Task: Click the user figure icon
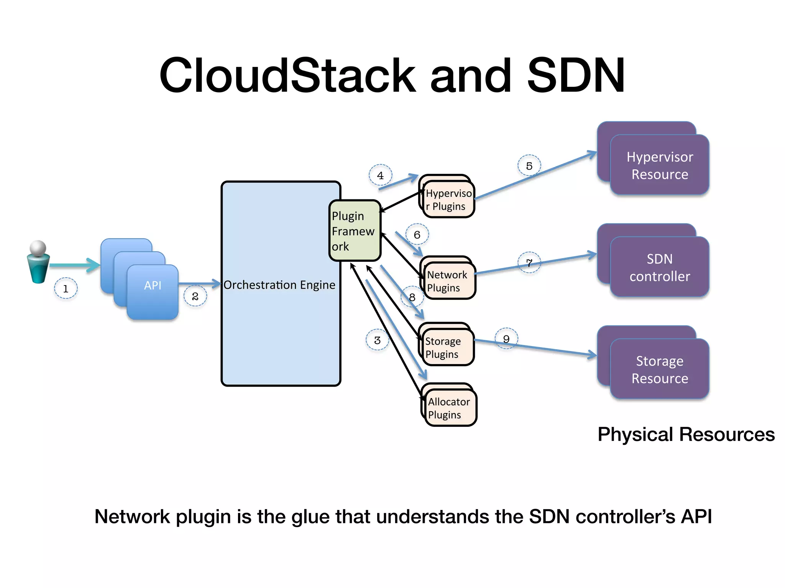[38, 262]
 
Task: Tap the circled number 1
[66, 288]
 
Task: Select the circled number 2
[195, 296]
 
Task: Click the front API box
[153, 292]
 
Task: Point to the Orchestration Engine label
[279, 285]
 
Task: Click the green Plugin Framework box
[354, 231]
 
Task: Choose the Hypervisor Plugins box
[449, 199]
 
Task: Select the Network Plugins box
[450, 281]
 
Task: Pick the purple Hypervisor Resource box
[659, 165]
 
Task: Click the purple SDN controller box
[659, 267]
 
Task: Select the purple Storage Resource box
[659, 369]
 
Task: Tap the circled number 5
[529, 166]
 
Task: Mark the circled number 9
[506, 339]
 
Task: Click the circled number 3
[377, 340]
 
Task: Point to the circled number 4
[380, 175]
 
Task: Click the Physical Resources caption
[686, 434]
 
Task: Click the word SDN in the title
[576, 75]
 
